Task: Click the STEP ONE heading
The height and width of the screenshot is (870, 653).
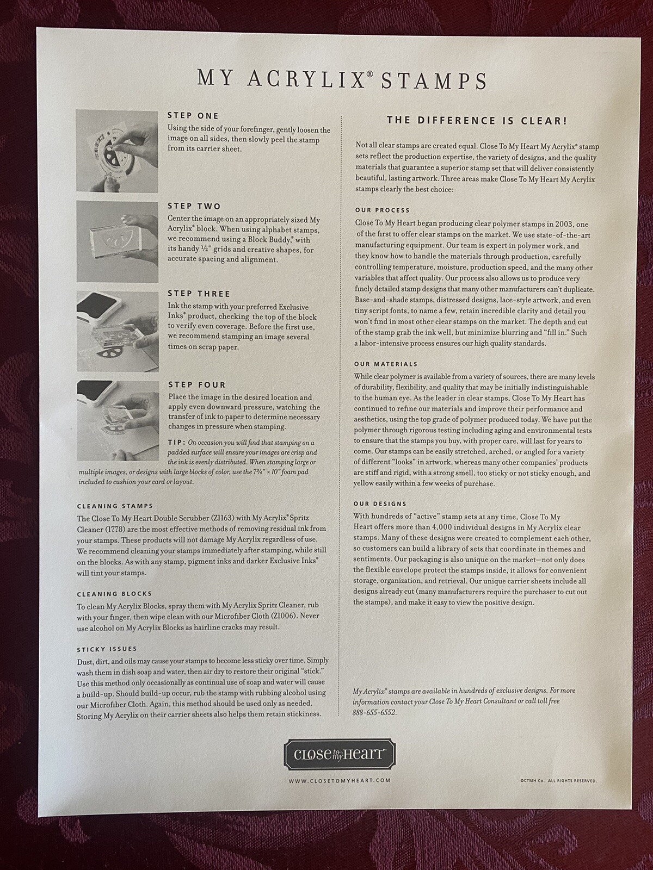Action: pos(193,116)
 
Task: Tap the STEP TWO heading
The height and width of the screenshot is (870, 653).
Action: pos(194,206)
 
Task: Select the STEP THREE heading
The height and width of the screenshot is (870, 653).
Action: pos(199,294)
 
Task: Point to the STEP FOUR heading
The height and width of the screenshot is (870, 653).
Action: pos(197,385)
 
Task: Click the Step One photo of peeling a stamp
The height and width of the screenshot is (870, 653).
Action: pos(117,151)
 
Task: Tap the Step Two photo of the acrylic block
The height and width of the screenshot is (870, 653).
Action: pos(118,242)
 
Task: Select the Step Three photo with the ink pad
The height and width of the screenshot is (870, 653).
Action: pos(118,331)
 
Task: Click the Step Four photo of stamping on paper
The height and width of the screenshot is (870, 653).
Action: pos(118,420)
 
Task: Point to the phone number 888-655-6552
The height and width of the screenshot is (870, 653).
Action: pos(374,712)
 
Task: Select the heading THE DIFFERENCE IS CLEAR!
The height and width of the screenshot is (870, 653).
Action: pos(477,121)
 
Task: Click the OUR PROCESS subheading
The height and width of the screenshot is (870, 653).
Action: pos(382,210)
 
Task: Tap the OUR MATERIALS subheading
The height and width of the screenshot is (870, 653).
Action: pos(386,364)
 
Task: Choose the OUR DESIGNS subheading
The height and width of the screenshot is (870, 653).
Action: pos(380,504)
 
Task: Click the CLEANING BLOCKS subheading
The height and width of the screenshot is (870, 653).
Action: pos(115,594)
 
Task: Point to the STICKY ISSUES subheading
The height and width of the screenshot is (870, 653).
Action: pos(107,649)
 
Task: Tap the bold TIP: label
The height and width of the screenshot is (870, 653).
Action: pos(177,442)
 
